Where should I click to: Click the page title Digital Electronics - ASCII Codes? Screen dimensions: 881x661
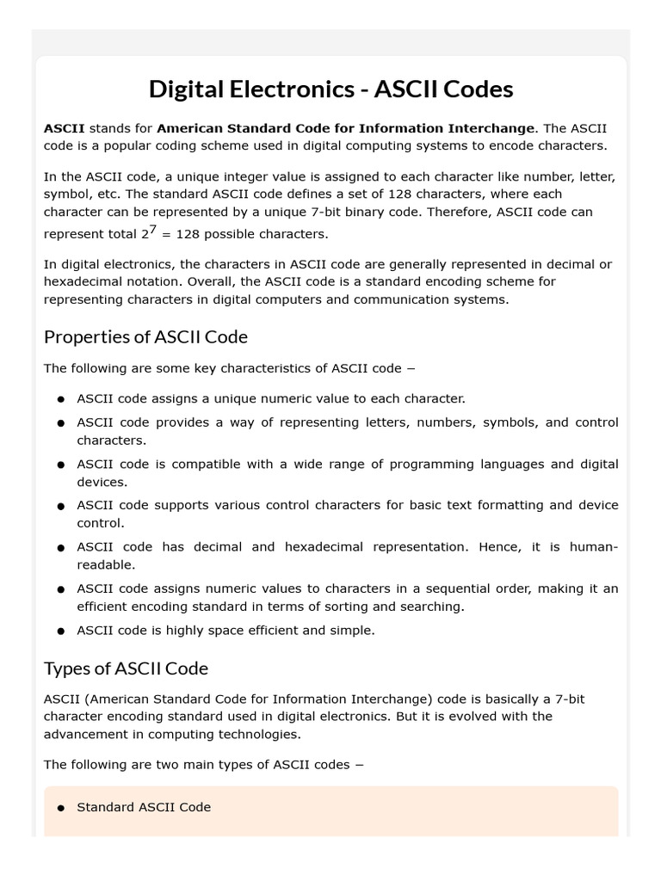click(330, 89)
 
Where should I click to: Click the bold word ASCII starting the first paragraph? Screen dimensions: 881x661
click(65, 128)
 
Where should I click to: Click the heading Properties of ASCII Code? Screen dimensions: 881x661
click(145, 336)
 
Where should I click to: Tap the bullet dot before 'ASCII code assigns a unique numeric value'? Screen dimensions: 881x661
click(61, 400)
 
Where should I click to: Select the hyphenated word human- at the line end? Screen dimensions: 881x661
click(594, 547)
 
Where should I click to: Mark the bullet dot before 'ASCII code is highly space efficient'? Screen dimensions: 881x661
click(61, 631)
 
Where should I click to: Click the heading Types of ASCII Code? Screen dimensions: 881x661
click(126, 668)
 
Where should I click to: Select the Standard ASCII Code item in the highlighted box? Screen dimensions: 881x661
click(144, 807)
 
